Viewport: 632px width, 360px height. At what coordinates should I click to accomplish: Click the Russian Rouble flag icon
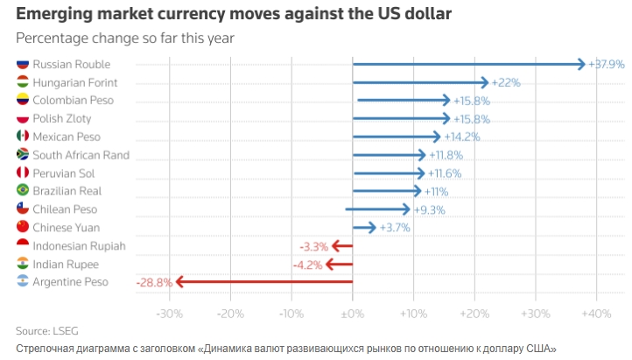23,64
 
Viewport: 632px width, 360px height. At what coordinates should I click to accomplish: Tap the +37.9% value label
606,64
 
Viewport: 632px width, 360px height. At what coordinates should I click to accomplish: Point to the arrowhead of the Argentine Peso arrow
179,282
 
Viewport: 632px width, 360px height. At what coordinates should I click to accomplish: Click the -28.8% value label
151,282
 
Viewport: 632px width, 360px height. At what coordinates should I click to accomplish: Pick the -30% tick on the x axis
169,313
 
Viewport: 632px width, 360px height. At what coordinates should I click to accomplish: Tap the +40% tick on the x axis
596,313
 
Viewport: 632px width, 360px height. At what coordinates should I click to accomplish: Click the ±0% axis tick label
352,313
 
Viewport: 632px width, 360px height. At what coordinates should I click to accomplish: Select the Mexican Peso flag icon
23,137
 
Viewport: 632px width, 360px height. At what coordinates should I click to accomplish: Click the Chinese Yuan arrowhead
372,228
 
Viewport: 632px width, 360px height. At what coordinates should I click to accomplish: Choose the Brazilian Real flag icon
23,191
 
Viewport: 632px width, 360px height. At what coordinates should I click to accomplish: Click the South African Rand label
81,155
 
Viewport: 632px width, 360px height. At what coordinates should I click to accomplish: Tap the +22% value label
507,82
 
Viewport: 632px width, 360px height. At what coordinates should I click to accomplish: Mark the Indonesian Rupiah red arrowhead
335,246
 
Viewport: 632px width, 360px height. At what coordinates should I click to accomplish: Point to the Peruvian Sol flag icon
23,173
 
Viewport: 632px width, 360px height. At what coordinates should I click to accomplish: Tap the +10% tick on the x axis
413,313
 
